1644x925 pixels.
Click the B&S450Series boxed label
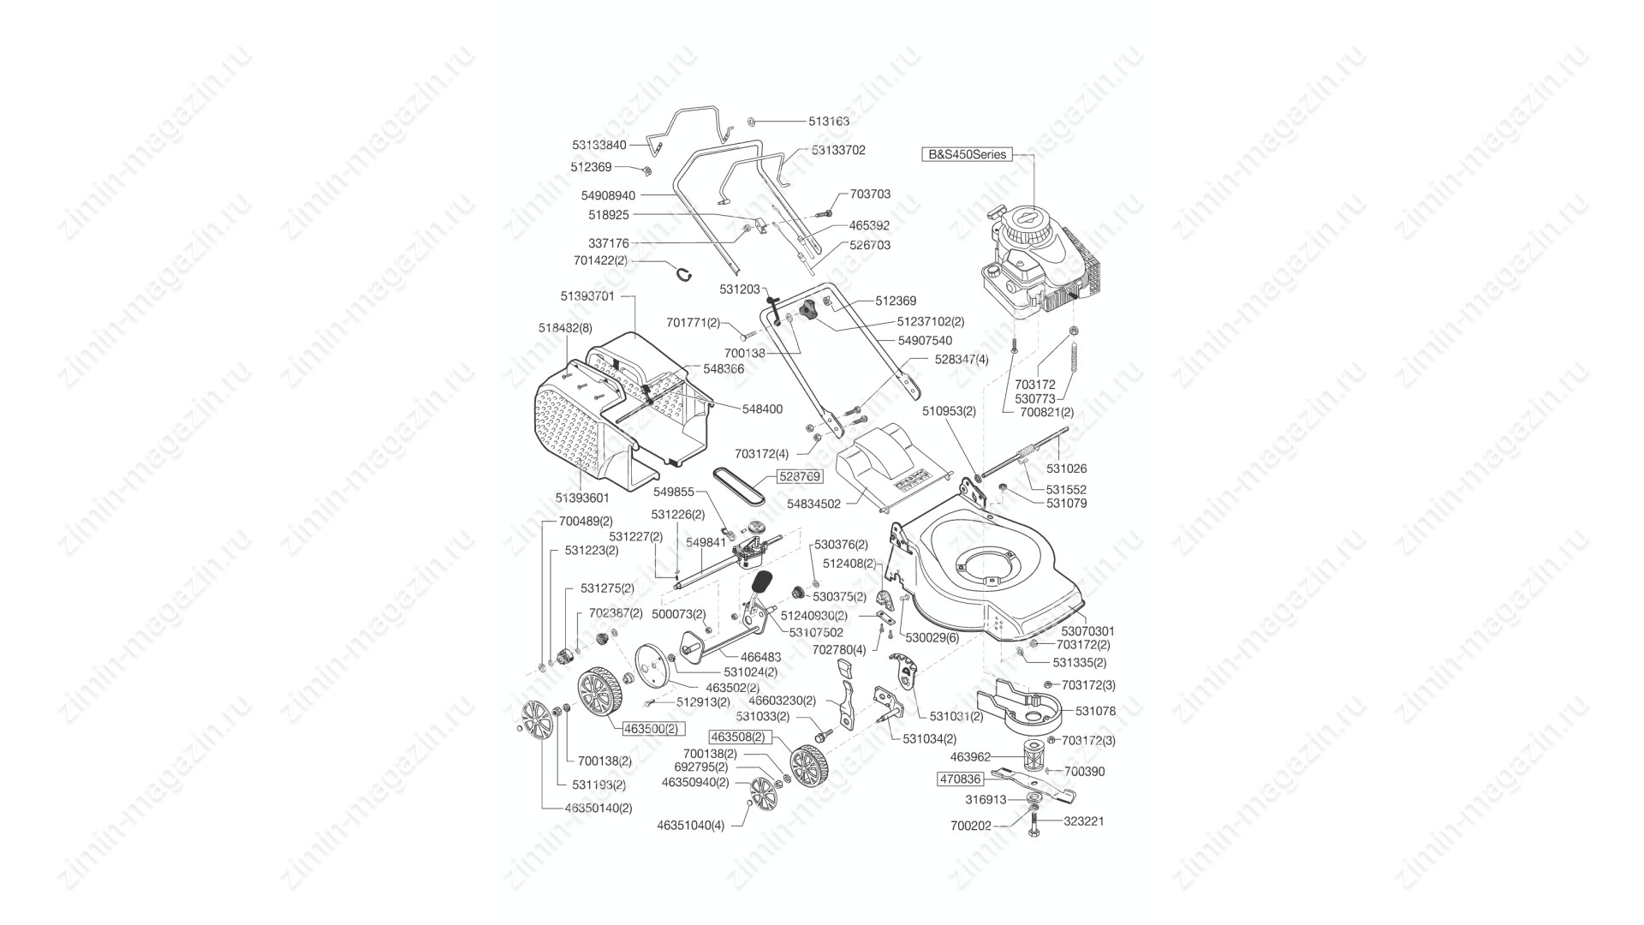coord(966,155)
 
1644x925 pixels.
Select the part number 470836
coord(960,779)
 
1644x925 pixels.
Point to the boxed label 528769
coord(799,476)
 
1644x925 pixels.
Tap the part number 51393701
coord(587,296)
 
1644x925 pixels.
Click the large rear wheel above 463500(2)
coord(599,695)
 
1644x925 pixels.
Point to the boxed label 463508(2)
coord(737,737)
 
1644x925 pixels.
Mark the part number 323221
coord(1084,821)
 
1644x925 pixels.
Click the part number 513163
coord(829,122)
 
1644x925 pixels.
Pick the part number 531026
coord(1066,468)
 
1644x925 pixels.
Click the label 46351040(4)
coord(690,827)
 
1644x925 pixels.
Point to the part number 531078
coord(1095,711)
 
